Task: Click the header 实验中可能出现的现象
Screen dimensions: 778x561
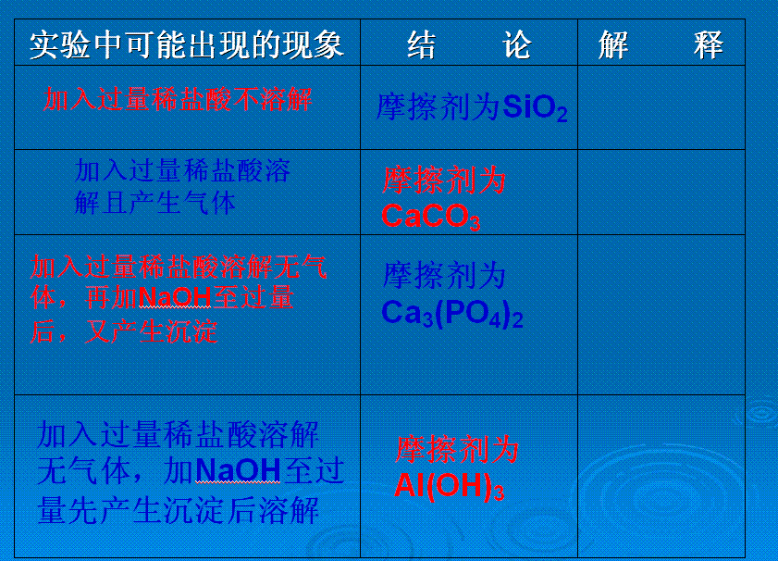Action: [187, 44]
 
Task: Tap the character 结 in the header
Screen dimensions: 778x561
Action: [422, 44]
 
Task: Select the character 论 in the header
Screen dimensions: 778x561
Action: [517, 44]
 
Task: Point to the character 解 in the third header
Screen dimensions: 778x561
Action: [613, 44]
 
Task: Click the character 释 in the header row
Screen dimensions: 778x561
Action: [709, 44]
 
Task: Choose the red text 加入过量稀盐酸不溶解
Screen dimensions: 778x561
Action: [178, 99]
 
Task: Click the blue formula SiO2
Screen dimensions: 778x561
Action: [535, 107]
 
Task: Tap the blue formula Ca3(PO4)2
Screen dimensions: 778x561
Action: [452, 314]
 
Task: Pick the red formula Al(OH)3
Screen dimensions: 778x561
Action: [449, 485]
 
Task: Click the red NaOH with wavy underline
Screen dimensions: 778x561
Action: [175, 298]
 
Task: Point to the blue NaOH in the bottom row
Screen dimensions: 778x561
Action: [239, 469]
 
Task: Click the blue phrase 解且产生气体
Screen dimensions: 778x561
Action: [154, 203]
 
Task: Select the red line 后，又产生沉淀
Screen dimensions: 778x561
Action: [124, 331]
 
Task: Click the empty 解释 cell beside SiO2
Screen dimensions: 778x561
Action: [661, 107]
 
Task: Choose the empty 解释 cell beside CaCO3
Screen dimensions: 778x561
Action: [661, 193]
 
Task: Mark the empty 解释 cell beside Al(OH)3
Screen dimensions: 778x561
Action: [661, 476]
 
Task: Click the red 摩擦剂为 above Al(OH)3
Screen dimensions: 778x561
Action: [457, 450]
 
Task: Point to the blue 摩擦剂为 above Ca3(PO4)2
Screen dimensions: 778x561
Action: [444, 276]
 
